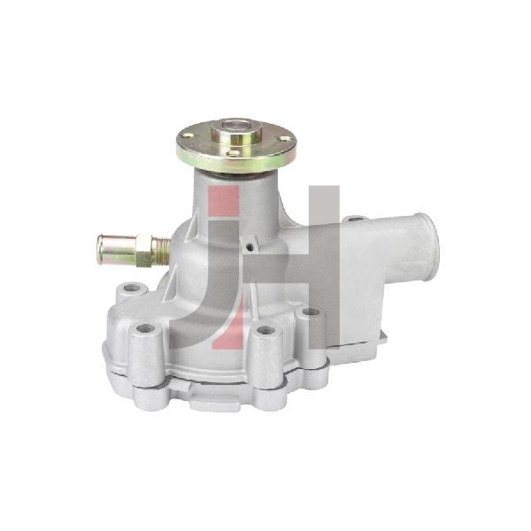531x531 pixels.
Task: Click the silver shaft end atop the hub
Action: [x=236, y=125]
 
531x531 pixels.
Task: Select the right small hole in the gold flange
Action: [x=286, y=138]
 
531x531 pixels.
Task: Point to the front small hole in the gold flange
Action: [x=234, y=153]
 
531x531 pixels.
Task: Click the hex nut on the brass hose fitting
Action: [x=143, y=250]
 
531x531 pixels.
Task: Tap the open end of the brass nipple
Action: [x=100, y=249]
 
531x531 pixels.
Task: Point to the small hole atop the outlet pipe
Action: [x=355, y=219]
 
